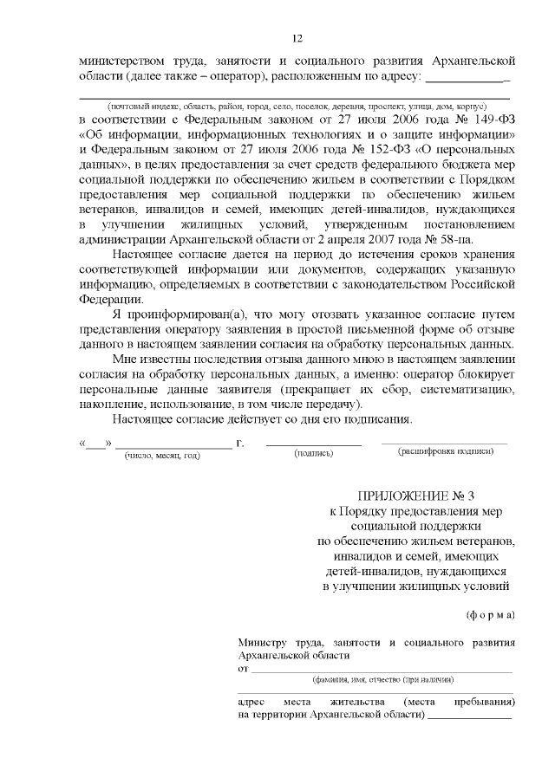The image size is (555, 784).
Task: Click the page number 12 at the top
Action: (297, 38)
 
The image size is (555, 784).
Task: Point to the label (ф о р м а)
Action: (491, 615)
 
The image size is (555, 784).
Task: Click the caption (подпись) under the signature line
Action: (313, 453)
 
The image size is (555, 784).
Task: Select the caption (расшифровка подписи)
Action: (445, 452)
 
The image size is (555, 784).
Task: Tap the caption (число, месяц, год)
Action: (162, 454)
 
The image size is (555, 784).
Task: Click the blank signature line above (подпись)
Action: (313, 444)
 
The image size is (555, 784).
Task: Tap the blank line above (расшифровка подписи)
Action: (445, 444)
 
